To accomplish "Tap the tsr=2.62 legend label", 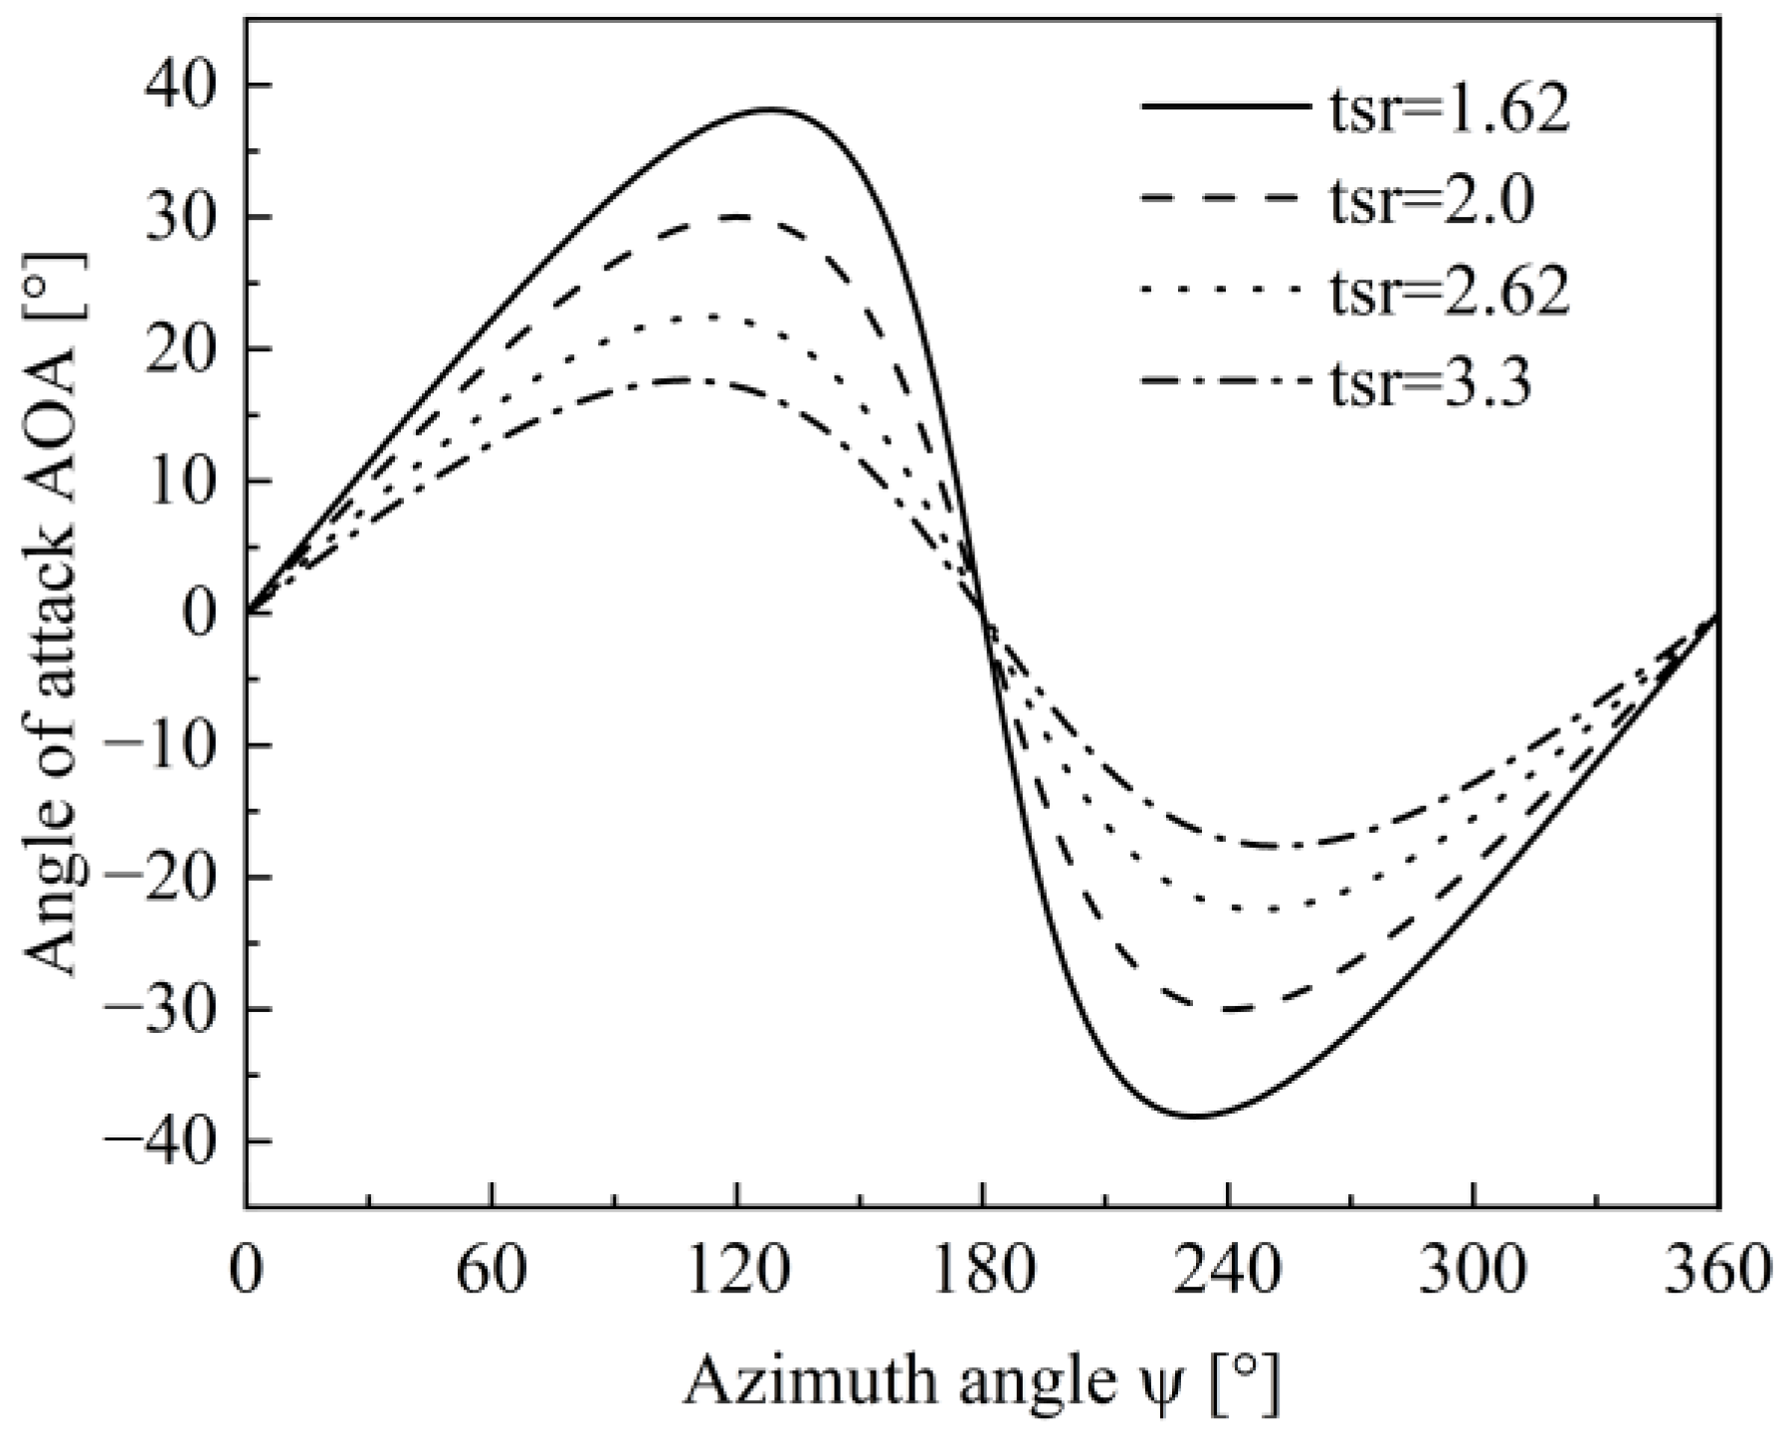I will point(1449,293).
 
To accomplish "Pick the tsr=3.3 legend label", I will point(1431,385).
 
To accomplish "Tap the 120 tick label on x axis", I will point(736,1273).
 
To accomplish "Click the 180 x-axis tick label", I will point(983,1273).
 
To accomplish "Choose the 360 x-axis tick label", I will point(1718,1273).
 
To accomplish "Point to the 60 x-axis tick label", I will point(492,1273).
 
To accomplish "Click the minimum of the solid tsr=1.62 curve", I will point(1194,1117).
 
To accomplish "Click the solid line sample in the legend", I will point(1224,105).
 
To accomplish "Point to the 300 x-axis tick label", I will point(1473,1273).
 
